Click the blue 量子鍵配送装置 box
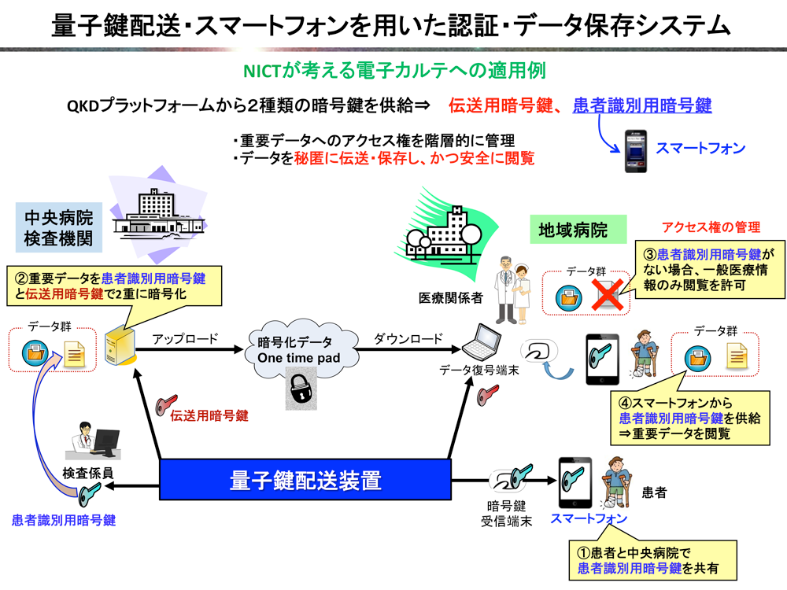tap(305, 480)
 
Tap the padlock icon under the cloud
tap(301, 388)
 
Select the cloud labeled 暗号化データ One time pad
tap(301, 348)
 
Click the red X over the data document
tap(608, 294)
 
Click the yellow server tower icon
tap(120, 345)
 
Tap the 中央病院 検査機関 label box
tap(59, 227)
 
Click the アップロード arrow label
tap(185, 338)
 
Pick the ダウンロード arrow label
tap(408, 338)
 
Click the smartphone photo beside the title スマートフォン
tap(635, 151)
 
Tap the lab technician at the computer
tap(94, 441)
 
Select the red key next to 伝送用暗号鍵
tap(166, 404)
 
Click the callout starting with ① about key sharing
tap(652, 560)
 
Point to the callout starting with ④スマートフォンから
tap(689, 418)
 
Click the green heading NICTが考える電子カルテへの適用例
tap(394, 71)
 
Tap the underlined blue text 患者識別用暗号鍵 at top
tap(642, 105)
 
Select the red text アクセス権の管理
tap(711, 227)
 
